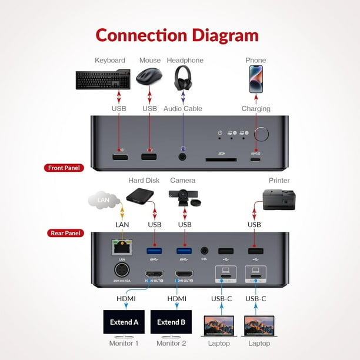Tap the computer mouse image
tap(149, 78)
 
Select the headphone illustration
tap(183, 78)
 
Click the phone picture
tap(256, 78)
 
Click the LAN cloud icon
tap(104, 201)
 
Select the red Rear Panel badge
tap(65, 233)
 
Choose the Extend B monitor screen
tap(171, 322)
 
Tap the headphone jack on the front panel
tap(184, 156)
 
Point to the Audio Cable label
tap(183, 109)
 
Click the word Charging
tap(256, 109)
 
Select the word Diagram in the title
tap(216, 35)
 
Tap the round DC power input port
tap(122, 271)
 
